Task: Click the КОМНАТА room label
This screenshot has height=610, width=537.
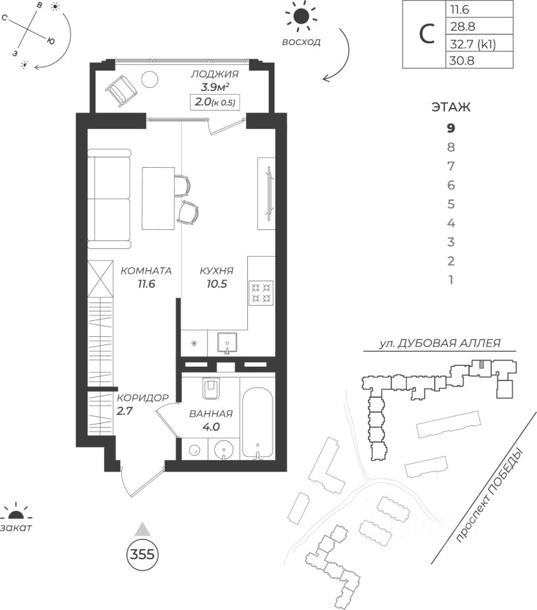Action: point(146,270)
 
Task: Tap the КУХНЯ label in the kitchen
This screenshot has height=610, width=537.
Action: point(216,270)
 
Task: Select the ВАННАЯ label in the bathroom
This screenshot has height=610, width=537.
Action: point(211,414)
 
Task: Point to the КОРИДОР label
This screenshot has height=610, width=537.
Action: point(142,398)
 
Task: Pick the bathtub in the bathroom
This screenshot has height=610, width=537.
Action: point(258,422)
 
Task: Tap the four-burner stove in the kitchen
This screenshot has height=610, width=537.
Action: point(262,292)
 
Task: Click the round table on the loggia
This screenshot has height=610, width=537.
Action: point(150,79)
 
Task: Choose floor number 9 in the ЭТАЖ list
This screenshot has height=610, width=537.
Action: point(451,128)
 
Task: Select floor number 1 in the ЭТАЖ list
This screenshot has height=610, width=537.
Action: point(451,280)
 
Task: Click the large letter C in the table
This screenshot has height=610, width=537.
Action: point(426,35)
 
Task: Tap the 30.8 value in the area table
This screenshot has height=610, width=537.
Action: point(463,62)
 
